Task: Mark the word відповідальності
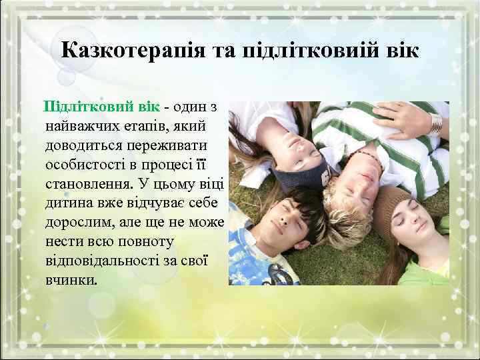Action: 103,259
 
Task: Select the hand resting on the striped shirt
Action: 400,117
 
